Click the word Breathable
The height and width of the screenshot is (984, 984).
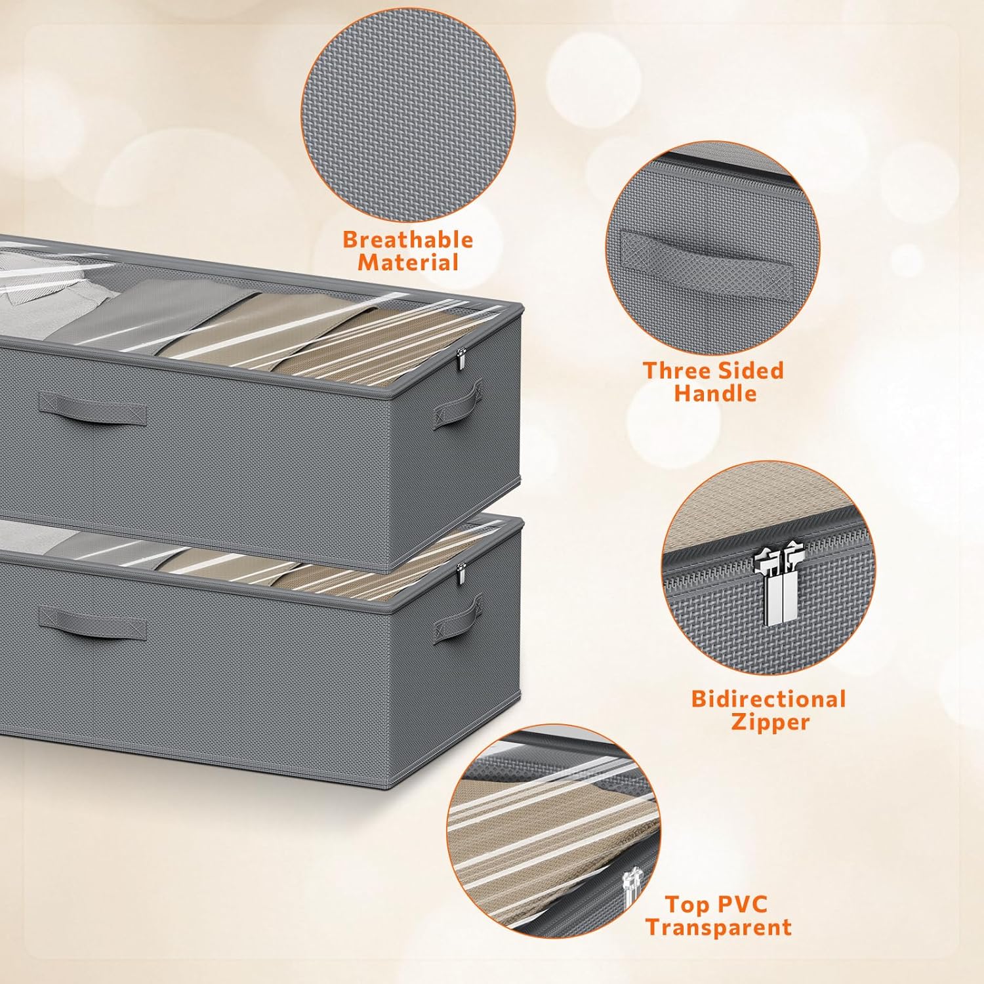(x=407, y=239)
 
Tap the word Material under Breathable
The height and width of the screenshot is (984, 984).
(x=407, y=262)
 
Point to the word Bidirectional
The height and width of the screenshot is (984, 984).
(x=768, y=699)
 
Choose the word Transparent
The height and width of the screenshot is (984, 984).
(x=718, y=928)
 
